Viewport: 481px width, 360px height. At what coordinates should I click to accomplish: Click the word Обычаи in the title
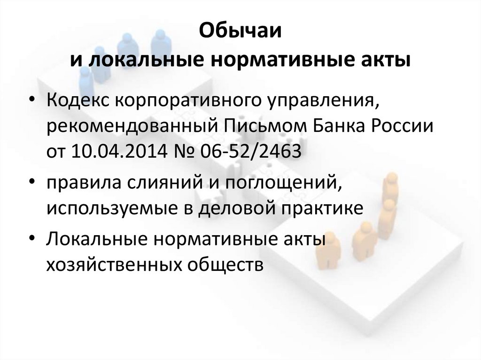pyautogui.click(x=240, y=32)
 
